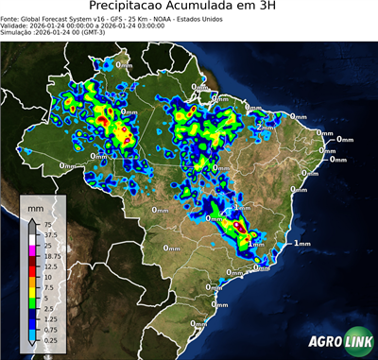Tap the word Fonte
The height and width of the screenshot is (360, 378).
[x=12, y=20]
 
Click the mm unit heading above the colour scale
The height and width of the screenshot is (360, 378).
[x=35, y=205]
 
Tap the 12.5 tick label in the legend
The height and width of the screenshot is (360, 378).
[x=53, y=266]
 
